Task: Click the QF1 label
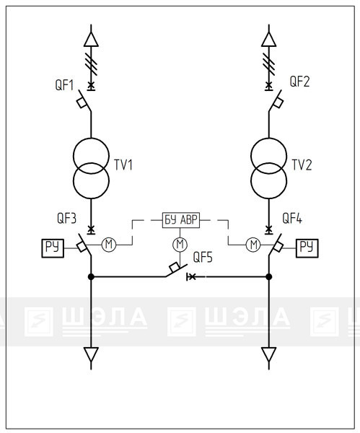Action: pyautogui.click(x=65, y=84)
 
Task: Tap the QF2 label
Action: pyautogui.click(x=299, y=82)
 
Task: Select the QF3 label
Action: pyautogui.click(x=66, y=218)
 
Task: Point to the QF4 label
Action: pyautogui.click(x=292, y=218)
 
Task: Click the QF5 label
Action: pyautogui.click(x=203, y=257)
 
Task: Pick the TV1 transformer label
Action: pyautogui.click(x=123, y=165)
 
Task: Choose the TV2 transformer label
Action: pyautogui.click(x=302, y=165)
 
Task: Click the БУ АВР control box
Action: pyautogui.click(x=181, y=220)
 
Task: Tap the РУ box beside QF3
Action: pyautogui.click(x=53, y=248)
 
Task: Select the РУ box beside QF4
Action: pyautogui.click(x=307, y=248)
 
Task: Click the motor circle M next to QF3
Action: pyautogui.click(x=109, y=245)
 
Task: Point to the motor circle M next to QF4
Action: pyautogui.click(x=253, y=245)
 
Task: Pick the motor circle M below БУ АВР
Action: pyautogui.click(x=180, y=245)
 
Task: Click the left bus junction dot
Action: pyautogui.click(x=91, y=276)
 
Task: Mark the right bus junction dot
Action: pyautogui.click(x=268, y=276)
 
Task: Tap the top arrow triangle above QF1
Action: pyautogui.click(x=91, y=39)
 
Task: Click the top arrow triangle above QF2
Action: pyautogui.click(x=268, y=39)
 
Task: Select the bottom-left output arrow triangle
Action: pyautogui.click(x=91, y=354)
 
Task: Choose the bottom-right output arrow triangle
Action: pyautogui.click(x=268, y=354)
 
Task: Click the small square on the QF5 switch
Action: pyautogui.click(x=175, y=267)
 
